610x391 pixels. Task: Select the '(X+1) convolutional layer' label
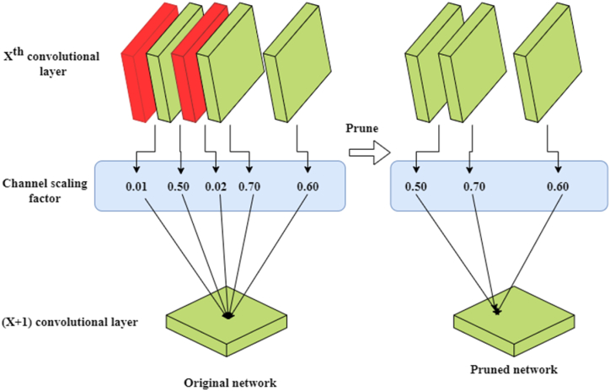pos(59,322)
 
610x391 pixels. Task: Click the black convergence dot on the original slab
pos(227,315)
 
